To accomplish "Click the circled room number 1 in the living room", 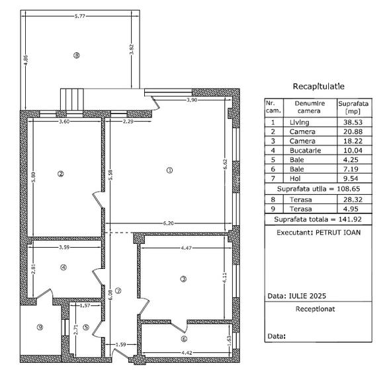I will point(169,170).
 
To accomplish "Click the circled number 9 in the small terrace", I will point(39,327).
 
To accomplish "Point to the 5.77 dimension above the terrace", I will point(79,15).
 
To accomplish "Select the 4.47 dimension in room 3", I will point(188,249).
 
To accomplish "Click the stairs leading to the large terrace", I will point(72,100).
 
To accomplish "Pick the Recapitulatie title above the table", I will point(318,87).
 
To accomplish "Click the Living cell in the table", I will point(299,122).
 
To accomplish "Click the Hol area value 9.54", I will point(347,178).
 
